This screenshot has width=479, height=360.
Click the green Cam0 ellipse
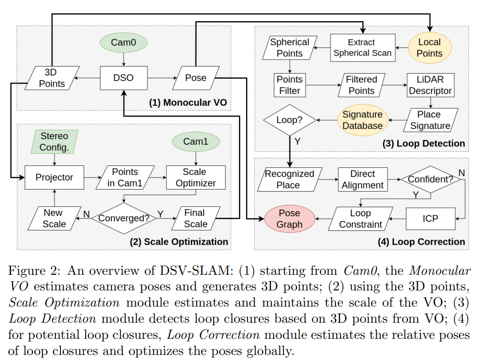click(124, 42)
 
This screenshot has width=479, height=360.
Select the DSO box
click(124, 78)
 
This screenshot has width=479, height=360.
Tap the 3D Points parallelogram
click(52, 78)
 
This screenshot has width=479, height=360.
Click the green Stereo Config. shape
click(54, 142)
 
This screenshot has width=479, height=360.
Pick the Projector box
click(54, 177)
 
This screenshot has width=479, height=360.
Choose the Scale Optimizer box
click(196, 177)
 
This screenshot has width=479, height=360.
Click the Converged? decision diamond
click(124, 218)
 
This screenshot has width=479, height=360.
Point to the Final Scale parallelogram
click(196, 218)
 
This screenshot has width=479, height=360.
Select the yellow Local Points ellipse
click(430, 48)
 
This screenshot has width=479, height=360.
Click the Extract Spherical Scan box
click(363, 48)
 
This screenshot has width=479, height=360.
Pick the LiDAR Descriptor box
click(431, 85)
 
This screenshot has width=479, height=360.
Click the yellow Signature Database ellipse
click(363, 120)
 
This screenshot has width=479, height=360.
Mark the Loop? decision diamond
click(289, 120)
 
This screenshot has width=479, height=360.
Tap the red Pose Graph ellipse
click(289, 218)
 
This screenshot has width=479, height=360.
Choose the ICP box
click(431, 218)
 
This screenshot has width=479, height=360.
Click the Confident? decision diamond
click(431, 179)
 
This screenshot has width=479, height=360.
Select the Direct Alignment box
click(363, 179)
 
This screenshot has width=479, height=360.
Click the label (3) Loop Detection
click(424, 143)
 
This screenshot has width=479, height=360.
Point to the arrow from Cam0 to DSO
click(124, 59)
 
